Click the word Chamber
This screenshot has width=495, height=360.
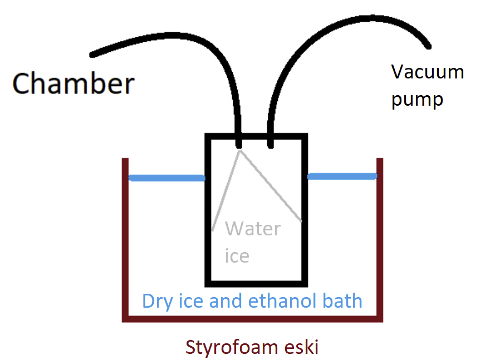point(73,83)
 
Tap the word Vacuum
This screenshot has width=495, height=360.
point(428,72)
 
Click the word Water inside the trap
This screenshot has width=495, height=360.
point(253,229)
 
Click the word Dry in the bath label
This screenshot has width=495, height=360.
point(155,301)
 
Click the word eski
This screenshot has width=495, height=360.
point(301,348)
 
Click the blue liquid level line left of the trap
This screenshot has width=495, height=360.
point(167,178)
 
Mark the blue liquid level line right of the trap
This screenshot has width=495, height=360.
point(341,176)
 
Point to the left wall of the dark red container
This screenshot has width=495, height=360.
point(125,239)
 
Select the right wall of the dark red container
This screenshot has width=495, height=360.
point(380,239)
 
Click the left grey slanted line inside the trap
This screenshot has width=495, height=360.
point(226,189)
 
